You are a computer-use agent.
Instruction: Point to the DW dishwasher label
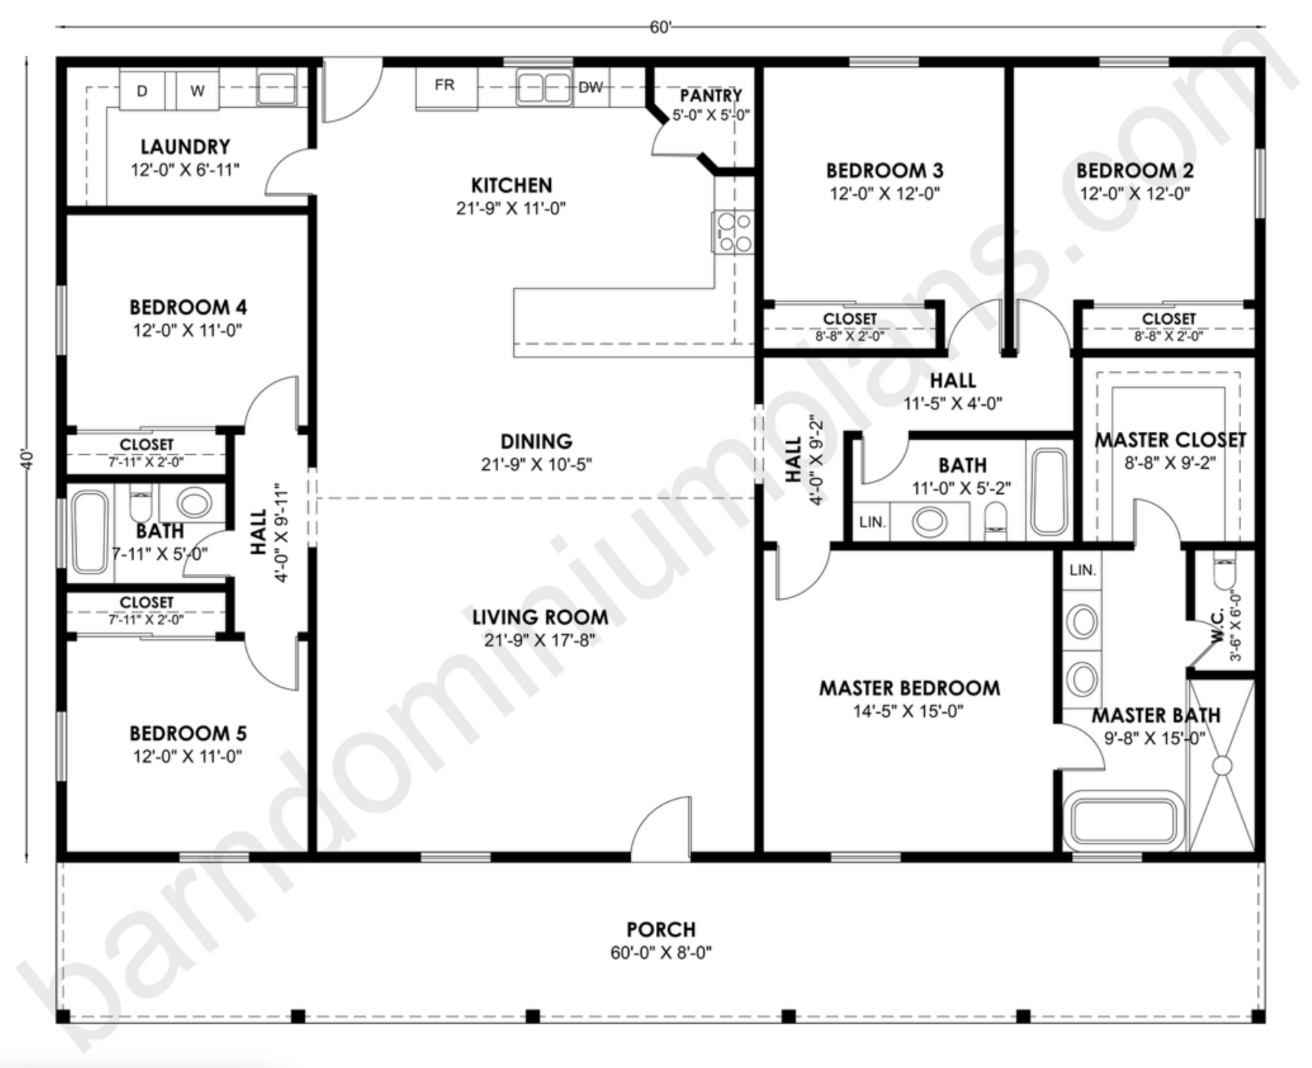point(591,87)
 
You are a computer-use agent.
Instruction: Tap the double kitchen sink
point(544,88)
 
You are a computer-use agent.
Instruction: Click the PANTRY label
point(711,95)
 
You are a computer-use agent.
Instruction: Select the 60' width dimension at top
point(661,27)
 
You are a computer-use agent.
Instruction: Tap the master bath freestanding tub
point(1123,823)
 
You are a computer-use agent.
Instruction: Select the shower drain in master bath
point(1222,765)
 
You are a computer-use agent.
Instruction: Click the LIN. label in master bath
point(1082,570)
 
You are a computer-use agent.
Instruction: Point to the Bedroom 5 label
point(188,733)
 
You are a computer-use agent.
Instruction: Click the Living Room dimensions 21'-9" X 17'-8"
point(539,640)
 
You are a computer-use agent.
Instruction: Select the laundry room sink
point(276,88)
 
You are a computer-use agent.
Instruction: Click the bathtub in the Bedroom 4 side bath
point(90,532)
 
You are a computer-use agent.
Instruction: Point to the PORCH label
point(661,929)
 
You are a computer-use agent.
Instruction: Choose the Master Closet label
point(1170,440)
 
